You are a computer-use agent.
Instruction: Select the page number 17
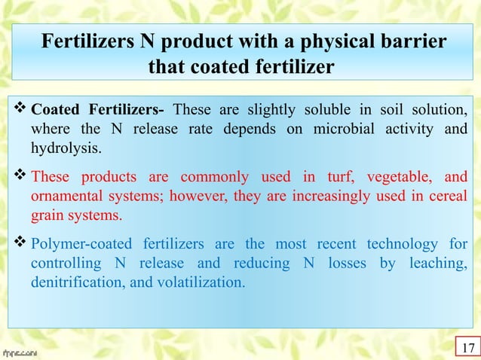[x=468, y=348]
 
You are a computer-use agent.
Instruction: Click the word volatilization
[x=201, y=282]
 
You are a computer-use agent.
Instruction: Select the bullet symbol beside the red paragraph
[x=20, y=178]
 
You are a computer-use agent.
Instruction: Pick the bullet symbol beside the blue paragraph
[x=20, y=245]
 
